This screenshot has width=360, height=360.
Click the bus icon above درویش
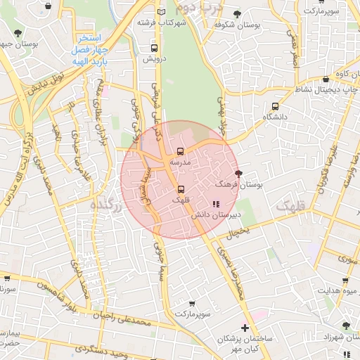point(154,49)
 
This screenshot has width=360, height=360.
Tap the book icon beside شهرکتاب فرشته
point(163,13)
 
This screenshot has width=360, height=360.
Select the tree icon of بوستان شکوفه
point(237,14)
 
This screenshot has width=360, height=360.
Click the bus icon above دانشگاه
point(275,106)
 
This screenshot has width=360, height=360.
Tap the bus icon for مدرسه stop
point(181,151)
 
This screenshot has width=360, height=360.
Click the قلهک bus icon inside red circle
point(181,189)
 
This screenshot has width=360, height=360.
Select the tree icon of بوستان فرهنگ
point(238,173)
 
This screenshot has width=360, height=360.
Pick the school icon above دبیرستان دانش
point(195,203)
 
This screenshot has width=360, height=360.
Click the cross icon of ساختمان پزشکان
point(244,328)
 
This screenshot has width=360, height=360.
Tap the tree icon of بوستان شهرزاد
point(345,326)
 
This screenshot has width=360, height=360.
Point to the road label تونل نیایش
point(42,85)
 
